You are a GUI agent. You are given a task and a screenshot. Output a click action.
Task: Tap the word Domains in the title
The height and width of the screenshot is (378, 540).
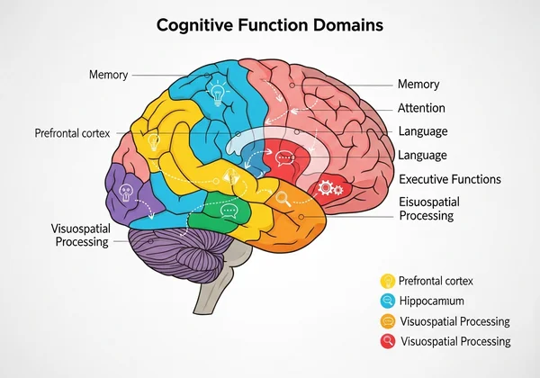point(348,24)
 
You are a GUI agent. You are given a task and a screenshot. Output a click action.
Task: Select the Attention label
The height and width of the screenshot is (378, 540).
point(421,108)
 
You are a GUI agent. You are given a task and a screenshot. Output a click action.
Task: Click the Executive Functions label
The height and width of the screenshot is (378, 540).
point(449,179)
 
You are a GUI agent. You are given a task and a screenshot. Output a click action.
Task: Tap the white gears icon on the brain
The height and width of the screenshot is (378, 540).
point(331,188)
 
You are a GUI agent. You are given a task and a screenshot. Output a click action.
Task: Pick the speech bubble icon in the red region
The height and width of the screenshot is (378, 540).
point(285,160)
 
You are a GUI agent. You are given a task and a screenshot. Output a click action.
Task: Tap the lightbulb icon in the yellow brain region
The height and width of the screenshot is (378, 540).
point(154,141)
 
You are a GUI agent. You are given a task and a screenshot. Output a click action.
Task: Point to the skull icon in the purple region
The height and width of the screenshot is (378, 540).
point(126,191)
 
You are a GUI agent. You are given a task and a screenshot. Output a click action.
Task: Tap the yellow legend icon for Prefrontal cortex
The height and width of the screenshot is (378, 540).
point(388,281)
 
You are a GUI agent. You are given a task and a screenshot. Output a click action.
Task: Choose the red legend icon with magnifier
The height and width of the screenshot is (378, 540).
point(388,341)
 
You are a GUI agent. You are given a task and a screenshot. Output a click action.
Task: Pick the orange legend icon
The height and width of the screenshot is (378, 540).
point(388,321)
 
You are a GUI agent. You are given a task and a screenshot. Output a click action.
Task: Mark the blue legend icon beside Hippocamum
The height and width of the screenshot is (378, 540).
point(388,301)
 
